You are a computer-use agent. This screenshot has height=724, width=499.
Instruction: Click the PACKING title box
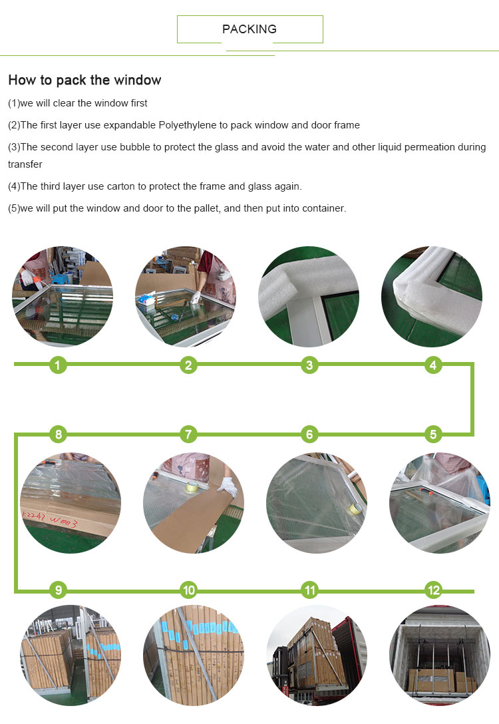(x=249, y=29)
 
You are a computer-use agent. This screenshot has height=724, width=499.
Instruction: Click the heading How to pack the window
(x=84, y=81)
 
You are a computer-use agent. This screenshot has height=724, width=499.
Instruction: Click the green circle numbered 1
(x=59, y=365)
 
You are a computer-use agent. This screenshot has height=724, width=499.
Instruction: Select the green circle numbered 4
(x=433, y=365)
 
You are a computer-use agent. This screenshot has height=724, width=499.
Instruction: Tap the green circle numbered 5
(x=433, y=435)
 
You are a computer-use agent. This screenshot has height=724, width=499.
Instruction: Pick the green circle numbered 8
(x=59, y=435)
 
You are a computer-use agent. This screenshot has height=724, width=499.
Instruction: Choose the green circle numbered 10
(x=189, y=590)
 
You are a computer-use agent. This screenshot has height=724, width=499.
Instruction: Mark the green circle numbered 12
(x=433, y=590)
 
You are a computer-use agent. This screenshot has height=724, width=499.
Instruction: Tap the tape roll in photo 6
(x=355, y=509)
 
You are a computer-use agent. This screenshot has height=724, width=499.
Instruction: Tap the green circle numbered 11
(x=309, y=590)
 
